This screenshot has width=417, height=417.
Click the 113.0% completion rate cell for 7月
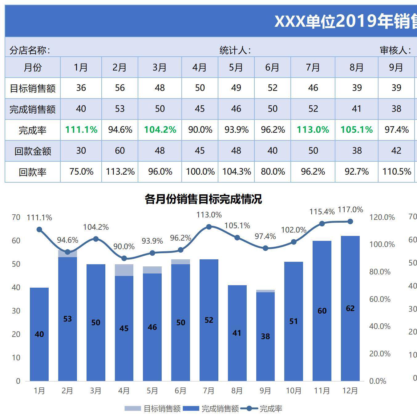[313, 130]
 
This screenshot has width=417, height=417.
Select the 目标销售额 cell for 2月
[120, 88]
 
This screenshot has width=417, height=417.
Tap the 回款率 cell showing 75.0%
[81, 172]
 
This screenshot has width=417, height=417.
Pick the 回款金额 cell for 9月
[396, 151]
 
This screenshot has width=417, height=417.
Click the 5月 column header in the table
[236, 67]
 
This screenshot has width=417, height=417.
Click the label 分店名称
[30, 50]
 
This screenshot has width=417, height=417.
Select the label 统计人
[235, 50]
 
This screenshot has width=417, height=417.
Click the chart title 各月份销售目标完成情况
[203, 199]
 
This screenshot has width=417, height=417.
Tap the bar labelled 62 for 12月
[350, 308]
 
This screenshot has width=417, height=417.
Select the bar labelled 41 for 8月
[237, 333]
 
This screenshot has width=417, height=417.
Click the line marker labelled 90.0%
[124, 258]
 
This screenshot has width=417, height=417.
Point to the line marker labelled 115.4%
[322, 224]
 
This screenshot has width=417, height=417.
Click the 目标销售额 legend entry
[153, 409]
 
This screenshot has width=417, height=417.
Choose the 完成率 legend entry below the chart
[261, 409]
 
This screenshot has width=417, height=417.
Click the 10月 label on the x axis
[294, 391]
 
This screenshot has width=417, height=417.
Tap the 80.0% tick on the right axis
[380, 272]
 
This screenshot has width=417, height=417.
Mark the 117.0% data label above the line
[350, 210]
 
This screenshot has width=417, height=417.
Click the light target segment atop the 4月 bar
[124, 270]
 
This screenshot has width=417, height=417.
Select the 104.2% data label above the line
[96, 227]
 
